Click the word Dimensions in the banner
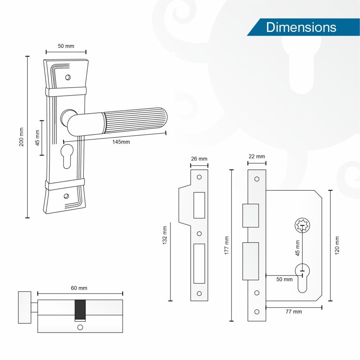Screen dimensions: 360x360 click(x=301, y=27)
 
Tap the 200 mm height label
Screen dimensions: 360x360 click(x=21, y=137)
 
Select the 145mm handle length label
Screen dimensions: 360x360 click(x=121, y=142)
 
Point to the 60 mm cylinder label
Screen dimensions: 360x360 click(x=79, y=288)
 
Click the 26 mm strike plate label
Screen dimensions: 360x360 click(x=199, y=159)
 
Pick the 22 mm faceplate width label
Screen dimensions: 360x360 click(x=257, y=156)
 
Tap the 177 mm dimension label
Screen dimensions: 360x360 click(x=227, y=245)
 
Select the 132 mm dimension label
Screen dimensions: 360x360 click(x=165, y=235)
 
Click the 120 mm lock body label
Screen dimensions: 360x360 click(x=337, y=245)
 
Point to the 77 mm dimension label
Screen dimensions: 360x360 click(x=294, y=311)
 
